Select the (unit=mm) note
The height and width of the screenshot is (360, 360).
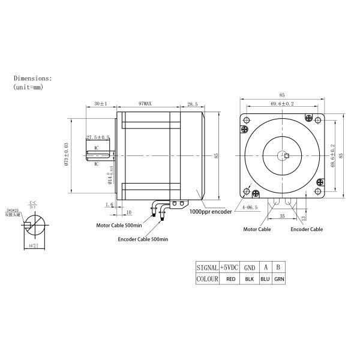28,87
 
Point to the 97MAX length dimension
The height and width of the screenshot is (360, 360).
145,104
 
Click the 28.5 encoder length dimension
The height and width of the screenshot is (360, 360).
192,104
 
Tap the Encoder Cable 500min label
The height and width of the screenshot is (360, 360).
142,239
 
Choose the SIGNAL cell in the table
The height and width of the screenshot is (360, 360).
207,268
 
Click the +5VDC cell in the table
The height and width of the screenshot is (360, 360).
230,268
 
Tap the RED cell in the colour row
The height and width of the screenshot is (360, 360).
230,280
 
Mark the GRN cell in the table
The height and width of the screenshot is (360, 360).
279,280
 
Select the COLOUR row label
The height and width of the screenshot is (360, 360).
207,280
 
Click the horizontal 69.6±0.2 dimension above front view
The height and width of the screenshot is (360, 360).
281,104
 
